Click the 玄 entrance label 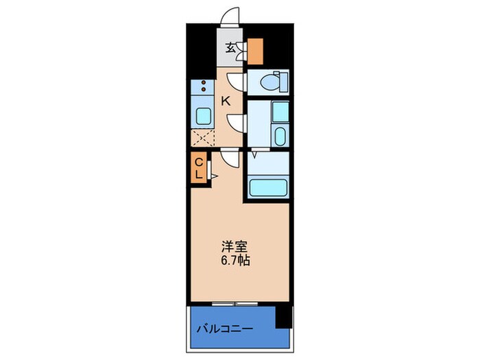click(231, 49)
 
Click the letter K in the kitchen click(225, 101)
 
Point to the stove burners click(203, 88)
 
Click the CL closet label click(197, 168)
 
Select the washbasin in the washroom click(279, 134)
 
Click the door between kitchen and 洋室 click(230, 158)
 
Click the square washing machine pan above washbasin click(280, 111)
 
